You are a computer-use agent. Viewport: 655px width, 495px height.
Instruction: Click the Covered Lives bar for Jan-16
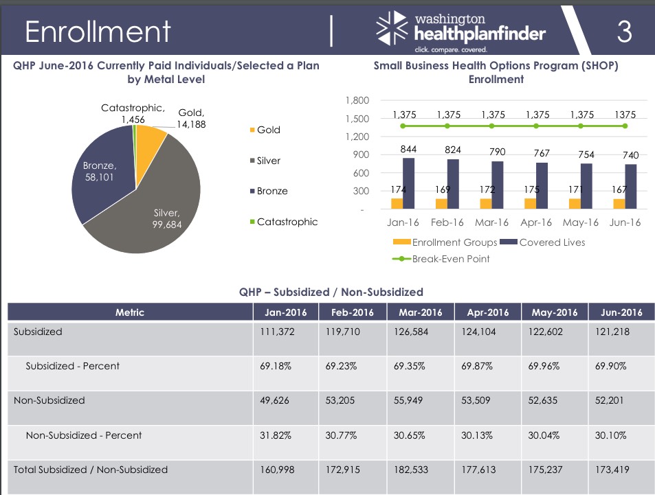(x=408, y=183)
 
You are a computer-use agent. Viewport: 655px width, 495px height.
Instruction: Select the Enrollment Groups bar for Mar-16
(x=486, y=203)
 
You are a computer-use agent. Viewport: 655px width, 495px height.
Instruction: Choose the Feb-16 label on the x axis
(x=447, y=222)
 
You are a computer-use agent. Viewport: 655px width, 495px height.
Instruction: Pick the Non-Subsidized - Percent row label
(x=84, y=435)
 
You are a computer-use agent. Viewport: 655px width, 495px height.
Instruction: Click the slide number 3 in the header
(x=624, y=32)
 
